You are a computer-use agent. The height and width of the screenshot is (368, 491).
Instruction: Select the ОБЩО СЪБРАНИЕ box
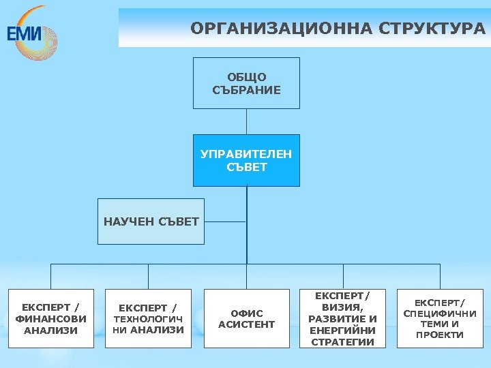pos(246,83)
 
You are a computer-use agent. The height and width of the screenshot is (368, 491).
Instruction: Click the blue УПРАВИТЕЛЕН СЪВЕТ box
pos(246,160)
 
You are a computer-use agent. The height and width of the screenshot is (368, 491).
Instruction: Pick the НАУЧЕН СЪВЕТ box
pos(151,221)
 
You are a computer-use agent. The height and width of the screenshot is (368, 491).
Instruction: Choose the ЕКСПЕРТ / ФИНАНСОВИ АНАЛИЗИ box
pos(50,319)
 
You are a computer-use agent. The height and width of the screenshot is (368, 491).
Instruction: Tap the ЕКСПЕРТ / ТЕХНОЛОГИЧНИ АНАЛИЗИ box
pos(148,319)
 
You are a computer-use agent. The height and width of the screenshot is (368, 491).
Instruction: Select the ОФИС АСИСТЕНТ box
pos(246,319)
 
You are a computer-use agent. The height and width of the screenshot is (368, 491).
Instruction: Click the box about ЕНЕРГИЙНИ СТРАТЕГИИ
pos(342,319)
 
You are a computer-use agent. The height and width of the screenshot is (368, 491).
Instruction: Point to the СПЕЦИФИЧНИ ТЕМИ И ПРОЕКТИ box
pos(440,319)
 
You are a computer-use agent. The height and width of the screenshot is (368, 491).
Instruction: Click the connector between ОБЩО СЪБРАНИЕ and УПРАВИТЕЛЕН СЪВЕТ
pos(246,121)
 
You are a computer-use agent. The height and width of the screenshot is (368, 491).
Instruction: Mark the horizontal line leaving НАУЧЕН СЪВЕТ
pos(225,221)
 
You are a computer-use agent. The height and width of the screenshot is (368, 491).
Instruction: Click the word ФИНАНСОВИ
pos(50,319)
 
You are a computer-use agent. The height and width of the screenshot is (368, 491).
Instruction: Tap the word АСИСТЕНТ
pos(246,325)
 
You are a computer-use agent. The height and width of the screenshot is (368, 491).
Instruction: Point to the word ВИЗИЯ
pos(342,307)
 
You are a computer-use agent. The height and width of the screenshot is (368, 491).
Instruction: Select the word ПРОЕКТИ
pos(440,335)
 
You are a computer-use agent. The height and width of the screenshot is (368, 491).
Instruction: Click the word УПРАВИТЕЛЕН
pos(246,154)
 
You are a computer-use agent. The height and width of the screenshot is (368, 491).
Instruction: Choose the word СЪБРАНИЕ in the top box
pos(246,90)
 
